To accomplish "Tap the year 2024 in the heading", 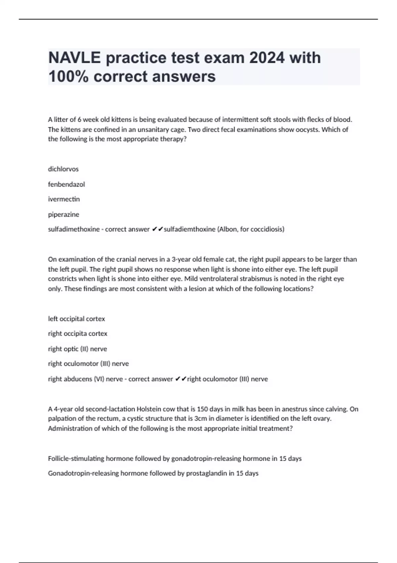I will [x=267, y=58].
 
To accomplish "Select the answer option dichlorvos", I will [x=63, y=169].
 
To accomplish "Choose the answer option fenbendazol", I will [x=66, y=184].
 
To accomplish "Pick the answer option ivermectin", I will [x=64, y=199].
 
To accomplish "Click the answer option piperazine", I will [x=64, y=214].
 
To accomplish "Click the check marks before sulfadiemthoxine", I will [x=157, y=229].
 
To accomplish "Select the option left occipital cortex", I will [x=76, y=319].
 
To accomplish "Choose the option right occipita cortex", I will [x=78, y=333].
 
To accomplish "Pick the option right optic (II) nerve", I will [x=77, y=349].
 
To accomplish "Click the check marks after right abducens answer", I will [x=181, y=379].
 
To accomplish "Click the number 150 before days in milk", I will [x=202, y=409].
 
